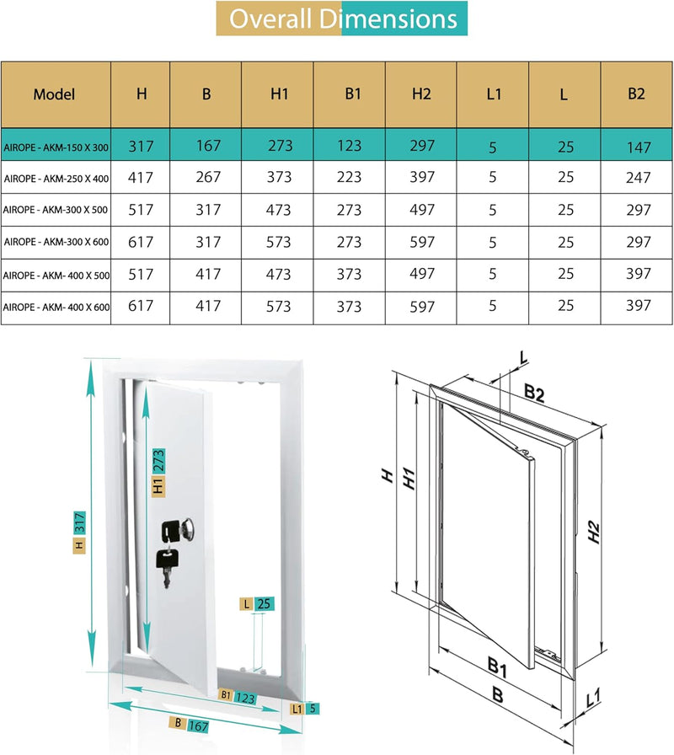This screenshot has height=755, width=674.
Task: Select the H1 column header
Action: (279, 94)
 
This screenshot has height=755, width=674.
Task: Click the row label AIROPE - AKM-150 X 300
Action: (56, 147)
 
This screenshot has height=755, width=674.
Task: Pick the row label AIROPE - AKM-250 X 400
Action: (56, 178)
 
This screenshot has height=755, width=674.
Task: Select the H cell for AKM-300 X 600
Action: (141, 242)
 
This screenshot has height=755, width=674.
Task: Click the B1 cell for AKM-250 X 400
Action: (350, 177)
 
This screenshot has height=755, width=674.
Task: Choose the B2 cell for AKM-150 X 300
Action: (639, 147)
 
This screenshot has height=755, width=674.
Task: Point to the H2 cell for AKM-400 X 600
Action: (422, 306)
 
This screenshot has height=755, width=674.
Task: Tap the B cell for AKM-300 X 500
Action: (206, 210)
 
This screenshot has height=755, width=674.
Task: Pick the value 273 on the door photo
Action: (158, 462)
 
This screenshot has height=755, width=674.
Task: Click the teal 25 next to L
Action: (264, 603)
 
